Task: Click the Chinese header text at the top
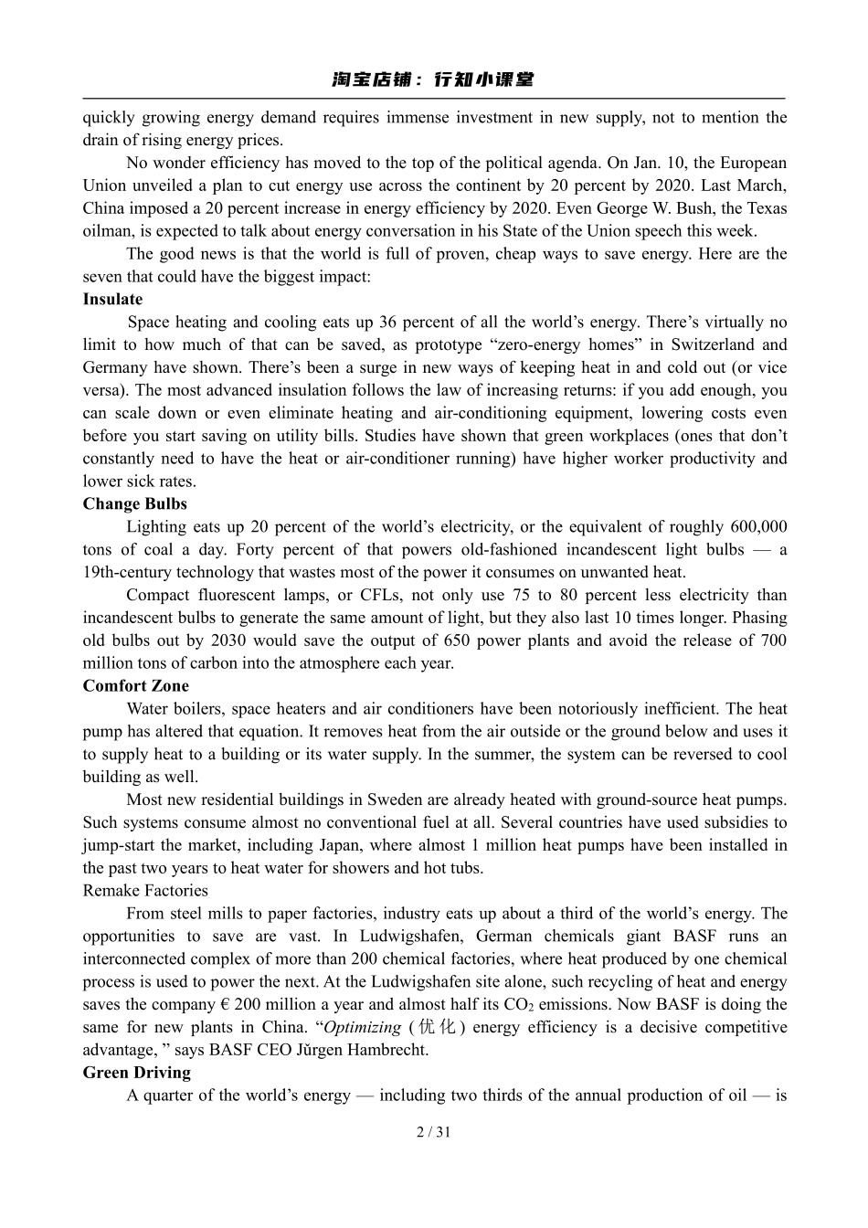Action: pyautogui.click(x=433, y=80)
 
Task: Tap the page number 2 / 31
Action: pyautogui.click(x=433, y=1132)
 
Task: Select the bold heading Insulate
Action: pyautogui.click(x=112, y=299)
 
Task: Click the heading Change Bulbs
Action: pyautogui.click(x=134, y=503)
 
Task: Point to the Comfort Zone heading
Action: pyautogui.click(x=135, y=685)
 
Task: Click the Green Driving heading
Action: pyautogui.click(x=136, y=1072)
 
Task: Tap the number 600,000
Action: pyautogui.click(x=758, y=526)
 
